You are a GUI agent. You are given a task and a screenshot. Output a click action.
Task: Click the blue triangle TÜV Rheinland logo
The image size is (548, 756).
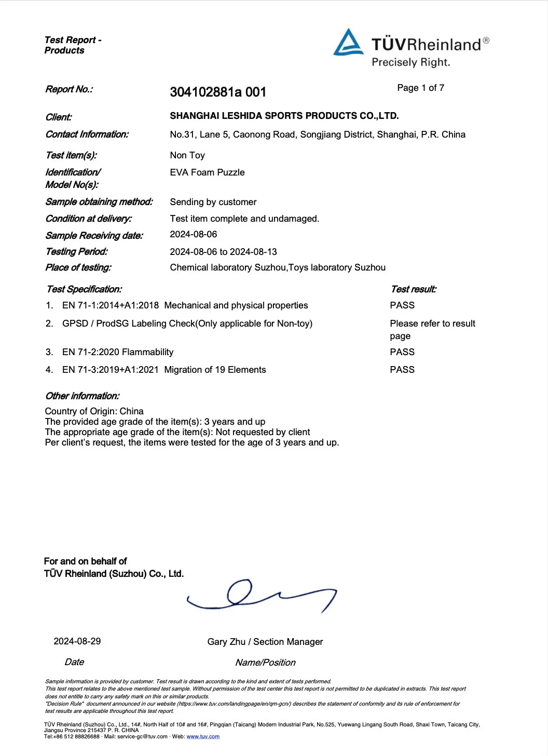click(x=348, y=43)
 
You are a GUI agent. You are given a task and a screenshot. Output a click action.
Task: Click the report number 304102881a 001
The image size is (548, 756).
click(x=218, y=92)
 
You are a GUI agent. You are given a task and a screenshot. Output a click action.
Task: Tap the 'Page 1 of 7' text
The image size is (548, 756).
click(x=420, y=88)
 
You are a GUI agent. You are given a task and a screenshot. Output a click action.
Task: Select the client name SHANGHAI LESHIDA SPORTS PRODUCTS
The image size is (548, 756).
click(x=284, y=116)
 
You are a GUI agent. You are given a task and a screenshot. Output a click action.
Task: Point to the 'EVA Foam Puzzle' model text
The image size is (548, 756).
click(x=207, y=172)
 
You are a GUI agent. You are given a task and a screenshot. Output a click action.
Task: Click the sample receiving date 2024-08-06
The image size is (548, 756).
click(x=194, y=234)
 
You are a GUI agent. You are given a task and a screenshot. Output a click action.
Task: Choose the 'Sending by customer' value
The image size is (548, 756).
click(x=213, y=202)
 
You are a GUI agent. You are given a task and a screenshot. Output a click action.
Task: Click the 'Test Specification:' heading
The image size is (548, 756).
click(x=84, y=289)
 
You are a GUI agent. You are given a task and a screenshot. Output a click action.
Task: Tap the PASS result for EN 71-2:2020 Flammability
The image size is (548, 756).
click(x=402, y=352)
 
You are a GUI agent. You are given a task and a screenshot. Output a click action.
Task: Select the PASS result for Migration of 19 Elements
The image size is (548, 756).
click(x=402, y=370)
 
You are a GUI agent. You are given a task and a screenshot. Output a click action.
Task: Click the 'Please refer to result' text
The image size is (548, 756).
click(x=432, y=323)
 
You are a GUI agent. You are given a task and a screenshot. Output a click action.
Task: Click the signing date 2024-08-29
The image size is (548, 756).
click(x=77, y=641)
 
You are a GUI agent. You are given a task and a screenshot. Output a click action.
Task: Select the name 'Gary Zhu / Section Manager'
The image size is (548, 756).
click(x=265, y=642)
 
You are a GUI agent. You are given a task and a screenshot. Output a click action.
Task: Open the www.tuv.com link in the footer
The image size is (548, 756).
click(x=203, y=736)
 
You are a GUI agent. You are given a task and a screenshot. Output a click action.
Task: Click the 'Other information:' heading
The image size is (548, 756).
click(x=83, y=396)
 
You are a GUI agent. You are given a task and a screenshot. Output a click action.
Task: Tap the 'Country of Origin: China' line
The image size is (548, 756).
click(x=94, y=411)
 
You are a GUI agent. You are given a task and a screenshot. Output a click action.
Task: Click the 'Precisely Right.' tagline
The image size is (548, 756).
click(x=410, y=62)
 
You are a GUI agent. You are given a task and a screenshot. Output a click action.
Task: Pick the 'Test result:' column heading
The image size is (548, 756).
click(x=414, y=289)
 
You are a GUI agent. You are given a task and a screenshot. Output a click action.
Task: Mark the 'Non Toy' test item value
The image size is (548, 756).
click(x=187, y=155)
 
